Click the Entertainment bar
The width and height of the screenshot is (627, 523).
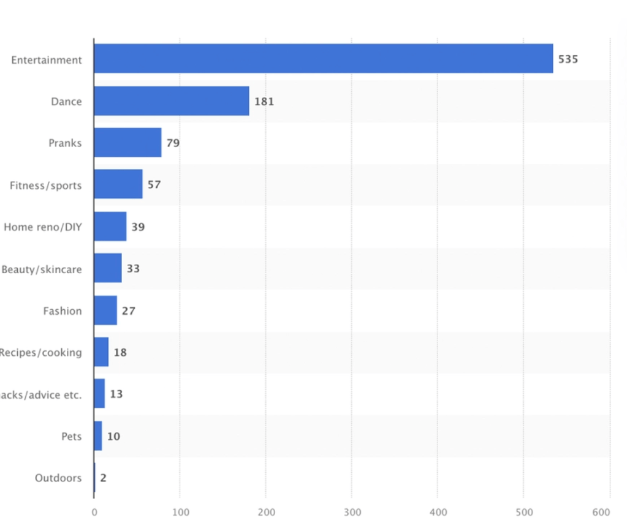[323, 59]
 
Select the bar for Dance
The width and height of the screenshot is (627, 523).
[172, 101]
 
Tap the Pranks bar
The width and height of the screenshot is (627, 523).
[127, 143]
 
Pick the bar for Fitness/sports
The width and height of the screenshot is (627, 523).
[118, 184]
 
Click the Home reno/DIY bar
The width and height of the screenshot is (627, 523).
[110, 227]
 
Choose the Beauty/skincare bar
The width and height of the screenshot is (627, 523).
[108, 268]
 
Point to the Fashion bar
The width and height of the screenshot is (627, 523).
[105, 310]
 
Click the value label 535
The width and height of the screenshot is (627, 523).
[568, 59]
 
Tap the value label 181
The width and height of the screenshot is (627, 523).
[264, 102]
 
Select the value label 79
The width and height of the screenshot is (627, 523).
[173, 143]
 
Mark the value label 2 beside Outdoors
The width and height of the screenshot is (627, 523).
[103, 478]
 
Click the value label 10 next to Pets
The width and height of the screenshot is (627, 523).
[113, 437]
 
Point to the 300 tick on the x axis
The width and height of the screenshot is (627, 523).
[352, 512]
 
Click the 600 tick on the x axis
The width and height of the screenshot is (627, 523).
[602, 512]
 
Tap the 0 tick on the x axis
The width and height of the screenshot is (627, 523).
[94, 512]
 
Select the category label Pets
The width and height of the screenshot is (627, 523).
[71, 437]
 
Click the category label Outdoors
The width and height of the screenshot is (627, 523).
[58, 478]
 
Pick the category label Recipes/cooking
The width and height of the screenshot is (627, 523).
[40, 353]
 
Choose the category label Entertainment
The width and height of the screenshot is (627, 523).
[46, 60]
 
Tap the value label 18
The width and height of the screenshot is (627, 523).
[120, 353]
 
